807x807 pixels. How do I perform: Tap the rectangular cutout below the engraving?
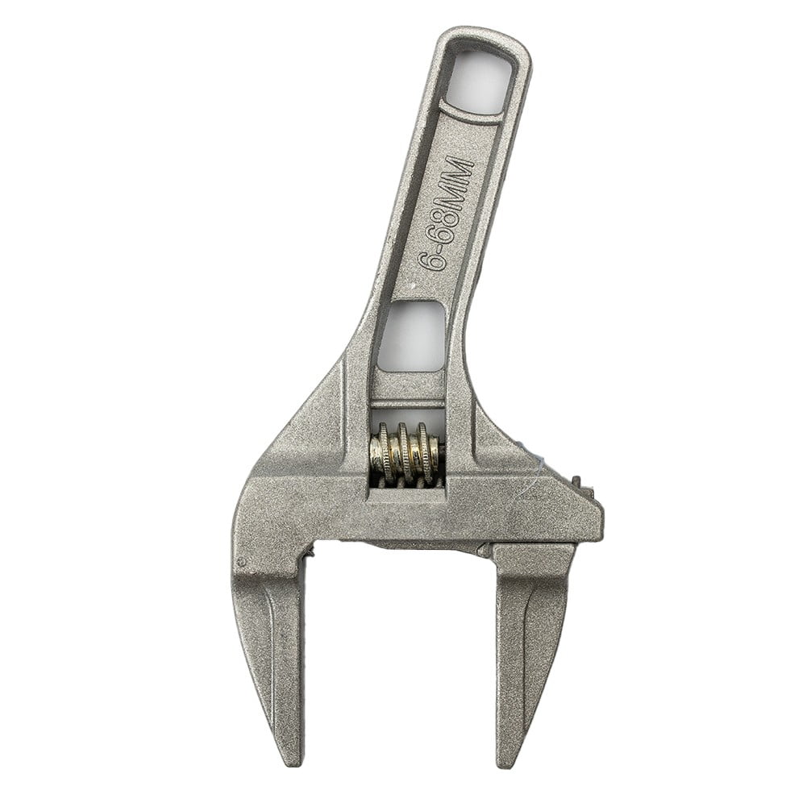coord(411,336)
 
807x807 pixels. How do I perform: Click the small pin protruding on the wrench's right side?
coord(578,484)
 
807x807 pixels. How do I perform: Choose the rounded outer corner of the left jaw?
coord(242,524)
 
